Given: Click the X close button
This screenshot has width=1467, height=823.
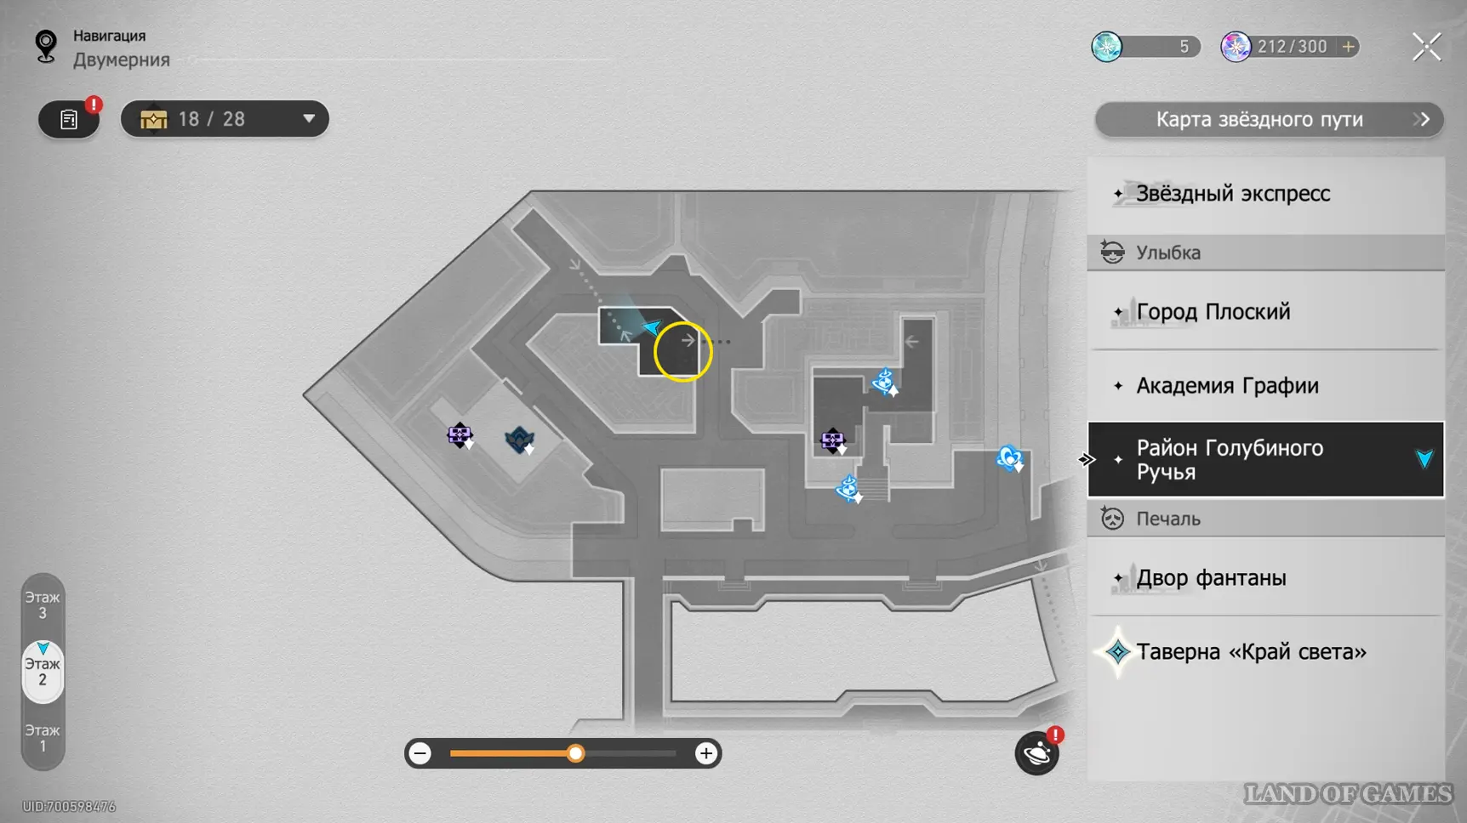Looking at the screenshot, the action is tap(1426, 47).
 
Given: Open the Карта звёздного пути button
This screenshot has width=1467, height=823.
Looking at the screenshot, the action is tap(1269, 120).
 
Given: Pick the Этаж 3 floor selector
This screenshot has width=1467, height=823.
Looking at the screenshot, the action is tap(43, 605).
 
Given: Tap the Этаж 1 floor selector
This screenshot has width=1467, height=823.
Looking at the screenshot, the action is tap(43, 738).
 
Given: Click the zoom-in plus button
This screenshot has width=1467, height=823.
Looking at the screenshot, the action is tap(705, 753).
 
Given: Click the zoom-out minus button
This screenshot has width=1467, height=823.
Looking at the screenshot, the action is tap(420, 753).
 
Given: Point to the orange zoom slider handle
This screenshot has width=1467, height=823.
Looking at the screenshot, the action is tap(576, 753).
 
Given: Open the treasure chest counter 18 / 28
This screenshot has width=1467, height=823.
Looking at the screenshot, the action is tap(225, 119).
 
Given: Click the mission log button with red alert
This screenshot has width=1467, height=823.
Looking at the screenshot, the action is tap(69, 119).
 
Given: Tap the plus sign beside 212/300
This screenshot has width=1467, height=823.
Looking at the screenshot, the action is tap(1349, 47).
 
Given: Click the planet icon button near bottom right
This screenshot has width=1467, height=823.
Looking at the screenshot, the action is tap(1036, 753).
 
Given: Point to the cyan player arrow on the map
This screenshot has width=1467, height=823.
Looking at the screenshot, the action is tap(652, 327).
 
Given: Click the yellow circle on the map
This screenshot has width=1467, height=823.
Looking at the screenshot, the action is tap(682, 351).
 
